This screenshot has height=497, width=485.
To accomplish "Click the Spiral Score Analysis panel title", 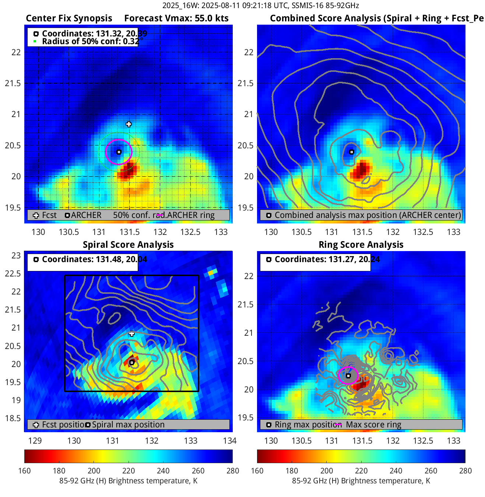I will (128, 245).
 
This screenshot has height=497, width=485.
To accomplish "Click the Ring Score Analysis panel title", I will (361, 245).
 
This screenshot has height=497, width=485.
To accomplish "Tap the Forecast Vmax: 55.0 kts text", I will (176, 18).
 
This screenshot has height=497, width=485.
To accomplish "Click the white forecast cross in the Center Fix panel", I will (129, 124).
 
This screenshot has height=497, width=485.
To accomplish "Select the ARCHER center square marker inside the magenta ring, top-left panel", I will (119, 152).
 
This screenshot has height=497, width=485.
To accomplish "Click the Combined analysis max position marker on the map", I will (352, 152).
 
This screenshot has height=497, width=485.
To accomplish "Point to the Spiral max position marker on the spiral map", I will (132, 363).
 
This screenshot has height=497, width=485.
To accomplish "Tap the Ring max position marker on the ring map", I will (348, 376).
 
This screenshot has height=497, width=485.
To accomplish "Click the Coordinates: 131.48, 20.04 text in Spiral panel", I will (94, 259).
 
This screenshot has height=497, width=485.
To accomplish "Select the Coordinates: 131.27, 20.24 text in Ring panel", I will (327, 259).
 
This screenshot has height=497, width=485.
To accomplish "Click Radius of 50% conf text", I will (90, 41).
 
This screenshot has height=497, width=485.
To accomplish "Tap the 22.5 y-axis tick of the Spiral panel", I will (13, 274).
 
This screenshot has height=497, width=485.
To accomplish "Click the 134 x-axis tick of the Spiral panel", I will (230, 441).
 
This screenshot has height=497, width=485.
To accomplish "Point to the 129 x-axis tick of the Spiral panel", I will (35, 441).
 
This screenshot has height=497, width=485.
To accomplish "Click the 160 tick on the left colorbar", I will (25, 471).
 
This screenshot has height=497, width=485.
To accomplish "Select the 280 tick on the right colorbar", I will (465, 471).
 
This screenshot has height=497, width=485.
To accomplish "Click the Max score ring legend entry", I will (373, 424).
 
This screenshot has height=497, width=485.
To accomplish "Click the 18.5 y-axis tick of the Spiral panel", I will (13, 418).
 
